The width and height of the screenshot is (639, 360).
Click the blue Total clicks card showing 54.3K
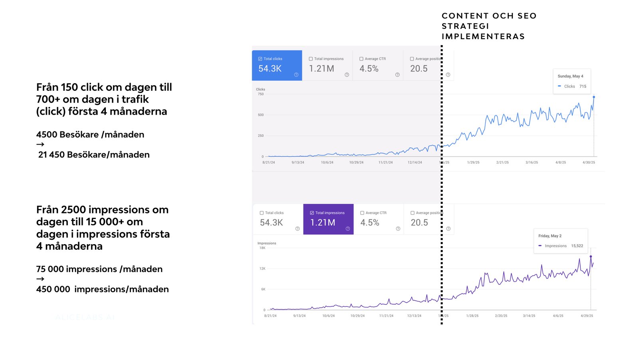click(277, 66)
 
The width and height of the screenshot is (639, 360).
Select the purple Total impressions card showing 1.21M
click(328, 219)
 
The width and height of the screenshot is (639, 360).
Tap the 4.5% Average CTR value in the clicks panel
click(369, 69)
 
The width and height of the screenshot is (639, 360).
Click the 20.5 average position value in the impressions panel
click(419, 223)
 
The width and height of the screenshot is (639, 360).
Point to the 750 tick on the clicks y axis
click(261, 94)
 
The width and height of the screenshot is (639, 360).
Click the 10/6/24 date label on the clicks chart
click(327, 163)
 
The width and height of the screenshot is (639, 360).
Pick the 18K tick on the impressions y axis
click(262, 248)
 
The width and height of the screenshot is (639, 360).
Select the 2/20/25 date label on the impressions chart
click(501, 316)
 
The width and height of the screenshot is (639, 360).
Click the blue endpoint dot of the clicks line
click(594, 97)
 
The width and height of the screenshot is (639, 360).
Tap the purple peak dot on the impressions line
click(591, 257)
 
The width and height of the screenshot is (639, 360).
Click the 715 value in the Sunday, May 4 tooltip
click(583, 86)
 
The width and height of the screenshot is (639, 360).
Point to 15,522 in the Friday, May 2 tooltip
click(577, 246)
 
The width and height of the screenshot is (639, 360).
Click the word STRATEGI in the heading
click(465, 26)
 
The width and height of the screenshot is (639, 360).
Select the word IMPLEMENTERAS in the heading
click(483, 37)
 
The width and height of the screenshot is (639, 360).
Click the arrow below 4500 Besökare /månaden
click(40, 144)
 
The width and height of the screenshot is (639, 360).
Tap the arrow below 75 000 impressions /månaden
click(40, 279)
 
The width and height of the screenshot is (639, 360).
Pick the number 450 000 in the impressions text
click(53, 289)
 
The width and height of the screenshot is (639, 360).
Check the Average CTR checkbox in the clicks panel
click(361, 59)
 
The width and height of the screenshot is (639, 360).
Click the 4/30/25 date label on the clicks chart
click(589, 163)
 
